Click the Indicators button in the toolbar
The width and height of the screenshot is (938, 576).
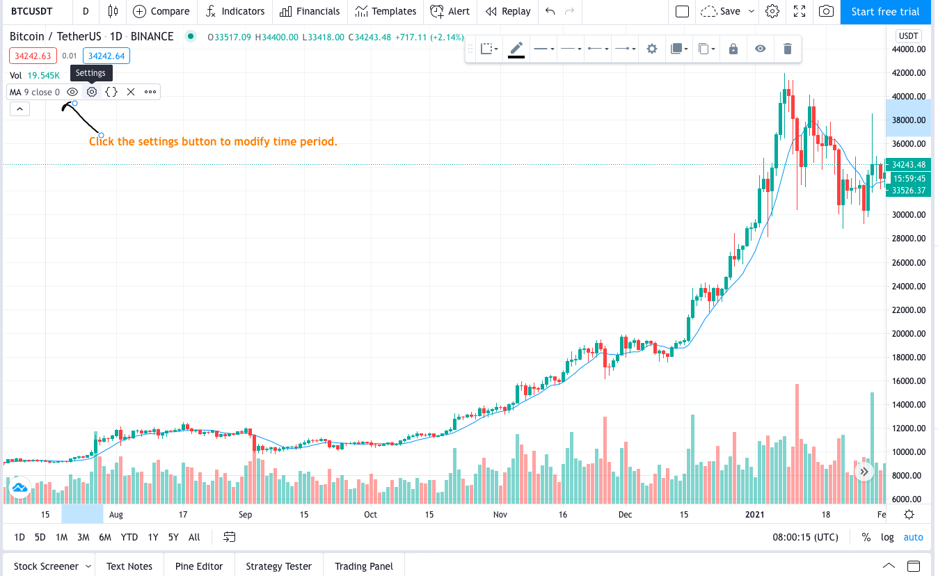point(235,11)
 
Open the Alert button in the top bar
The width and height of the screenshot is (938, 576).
point(450,11)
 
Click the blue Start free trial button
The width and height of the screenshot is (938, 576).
point(885,11)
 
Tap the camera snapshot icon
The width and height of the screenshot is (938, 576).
point(826,11)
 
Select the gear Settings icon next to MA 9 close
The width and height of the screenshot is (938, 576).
point(92,92)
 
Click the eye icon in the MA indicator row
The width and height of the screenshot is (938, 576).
point(72,92)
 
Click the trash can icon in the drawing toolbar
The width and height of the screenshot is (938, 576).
point(787,49)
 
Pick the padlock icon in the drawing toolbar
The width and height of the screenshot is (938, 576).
point(733,49)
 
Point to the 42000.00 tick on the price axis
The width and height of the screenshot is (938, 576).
point(909,73)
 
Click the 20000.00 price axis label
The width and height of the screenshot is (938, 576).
point(909,334)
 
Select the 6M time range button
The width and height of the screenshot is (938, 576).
point(105,537)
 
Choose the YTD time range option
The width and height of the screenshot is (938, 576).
point(129,537)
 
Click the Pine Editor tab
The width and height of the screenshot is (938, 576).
point(199,566)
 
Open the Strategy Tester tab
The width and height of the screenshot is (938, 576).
point(278,566)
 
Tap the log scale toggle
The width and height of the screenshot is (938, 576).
point(887,537)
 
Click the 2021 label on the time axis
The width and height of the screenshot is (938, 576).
point(756,515)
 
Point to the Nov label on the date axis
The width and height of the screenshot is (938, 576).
point(500,515)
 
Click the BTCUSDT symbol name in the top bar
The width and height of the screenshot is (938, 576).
point(33,11)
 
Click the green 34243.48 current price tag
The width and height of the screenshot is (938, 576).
point(909,165)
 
